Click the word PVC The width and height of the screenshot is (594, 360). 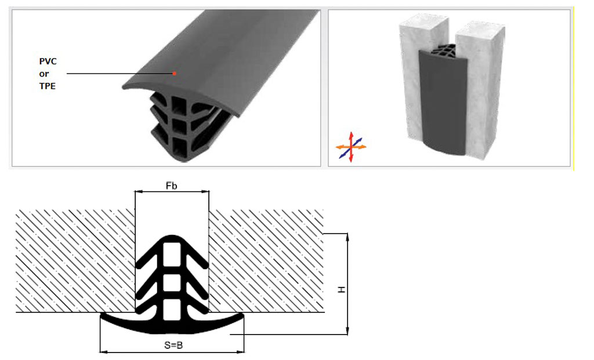coord(48,61)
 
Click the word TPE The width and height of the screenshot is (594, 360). coord(48,86)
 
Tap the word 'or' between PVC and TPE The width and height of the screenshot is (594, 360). coord(44,74)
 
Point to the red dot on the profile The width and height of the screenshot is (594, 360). coord(174,74)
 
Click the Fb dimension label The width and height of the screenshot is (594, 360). coord(171,186)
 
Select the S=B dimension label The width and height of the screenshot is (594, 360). coord(173,346)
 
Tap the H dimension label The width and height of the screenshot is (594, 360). coord(342,290)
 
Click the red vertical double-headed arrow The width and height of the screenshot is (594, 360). coord(351,147)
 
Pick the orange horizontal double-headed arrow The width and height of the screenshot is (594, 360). coord(351,147)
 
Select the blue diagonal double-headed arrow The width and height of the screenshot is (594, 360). coord(351,148)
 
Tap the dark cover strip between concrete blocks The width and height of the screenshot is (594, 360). coord(442,102)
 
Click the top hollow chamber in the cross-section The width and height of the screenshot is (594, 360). coord(172,252)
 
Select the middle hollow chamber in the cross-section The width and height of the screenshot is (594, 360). coord(172,283)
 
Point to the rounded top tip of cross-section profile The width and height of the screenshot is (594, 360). coord(172,236)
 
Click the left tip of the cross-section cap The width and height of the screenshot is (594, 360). coord(101,315)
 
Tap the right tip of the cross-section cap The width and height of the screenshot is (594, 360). coord(243,315)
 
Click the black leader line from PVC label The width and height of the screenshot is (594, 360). coord(119,74)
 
